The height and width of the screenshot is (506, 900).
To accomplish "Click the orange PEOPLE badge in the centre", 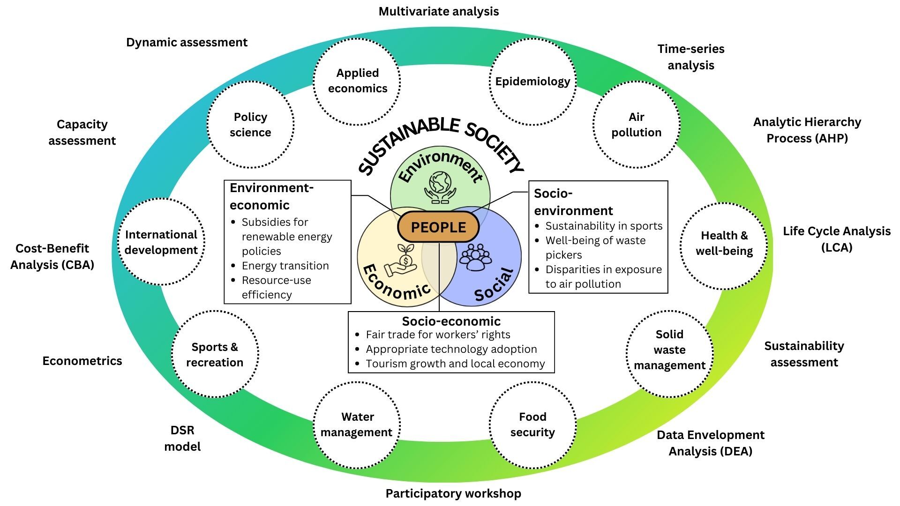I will click(438, 227).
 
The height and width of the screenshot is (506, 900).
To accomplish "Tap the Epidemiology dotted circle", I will click(532, 82).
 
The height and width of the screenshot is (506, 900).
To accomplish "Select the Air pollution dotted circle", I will click(636, 125).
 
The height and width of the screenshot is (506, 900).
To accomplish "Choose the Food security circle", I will click(532, 424).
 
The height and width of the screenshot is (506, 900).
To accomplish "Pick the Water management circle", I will click(357, 424).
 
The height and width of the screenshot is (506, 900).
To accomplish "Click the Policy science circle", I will click(250, 125).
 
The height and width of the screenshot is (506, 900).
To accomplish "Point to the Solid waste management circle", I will click(669, 350).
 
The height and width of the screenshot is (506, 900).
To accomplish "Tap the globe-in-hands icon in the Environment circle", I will click(440, 187).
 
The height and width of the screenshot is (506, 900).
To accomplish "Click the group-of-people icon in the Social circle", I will click(476, 257).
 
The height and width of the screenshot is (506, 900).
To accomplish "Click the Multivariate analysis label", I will click(439, 12).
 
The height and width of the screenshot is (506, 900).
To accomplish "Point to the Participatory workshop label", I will click(453, 493).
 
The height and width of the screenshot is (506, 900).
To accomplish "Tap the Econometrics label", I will click(82, 361).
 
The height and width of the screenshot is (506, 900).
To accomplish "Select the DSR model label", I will click(182, 439).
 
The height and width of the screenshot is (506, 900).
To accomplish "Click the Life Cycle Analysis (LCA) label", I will click(837, 239).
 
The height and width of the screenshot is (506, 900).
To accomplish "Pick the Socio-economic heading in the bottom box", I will click(451, 321).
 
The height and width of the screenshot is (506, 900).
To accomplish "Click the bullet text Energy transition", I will click(285, 266).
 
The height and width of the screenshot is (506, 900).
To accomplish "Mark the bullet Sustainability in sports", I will click(604, 226).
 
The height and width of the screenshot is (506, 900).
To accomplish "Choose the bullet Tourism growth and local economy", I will click(455, 364).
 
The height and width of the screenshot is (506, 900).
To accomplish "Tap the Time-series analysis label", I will click(691, 57).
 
